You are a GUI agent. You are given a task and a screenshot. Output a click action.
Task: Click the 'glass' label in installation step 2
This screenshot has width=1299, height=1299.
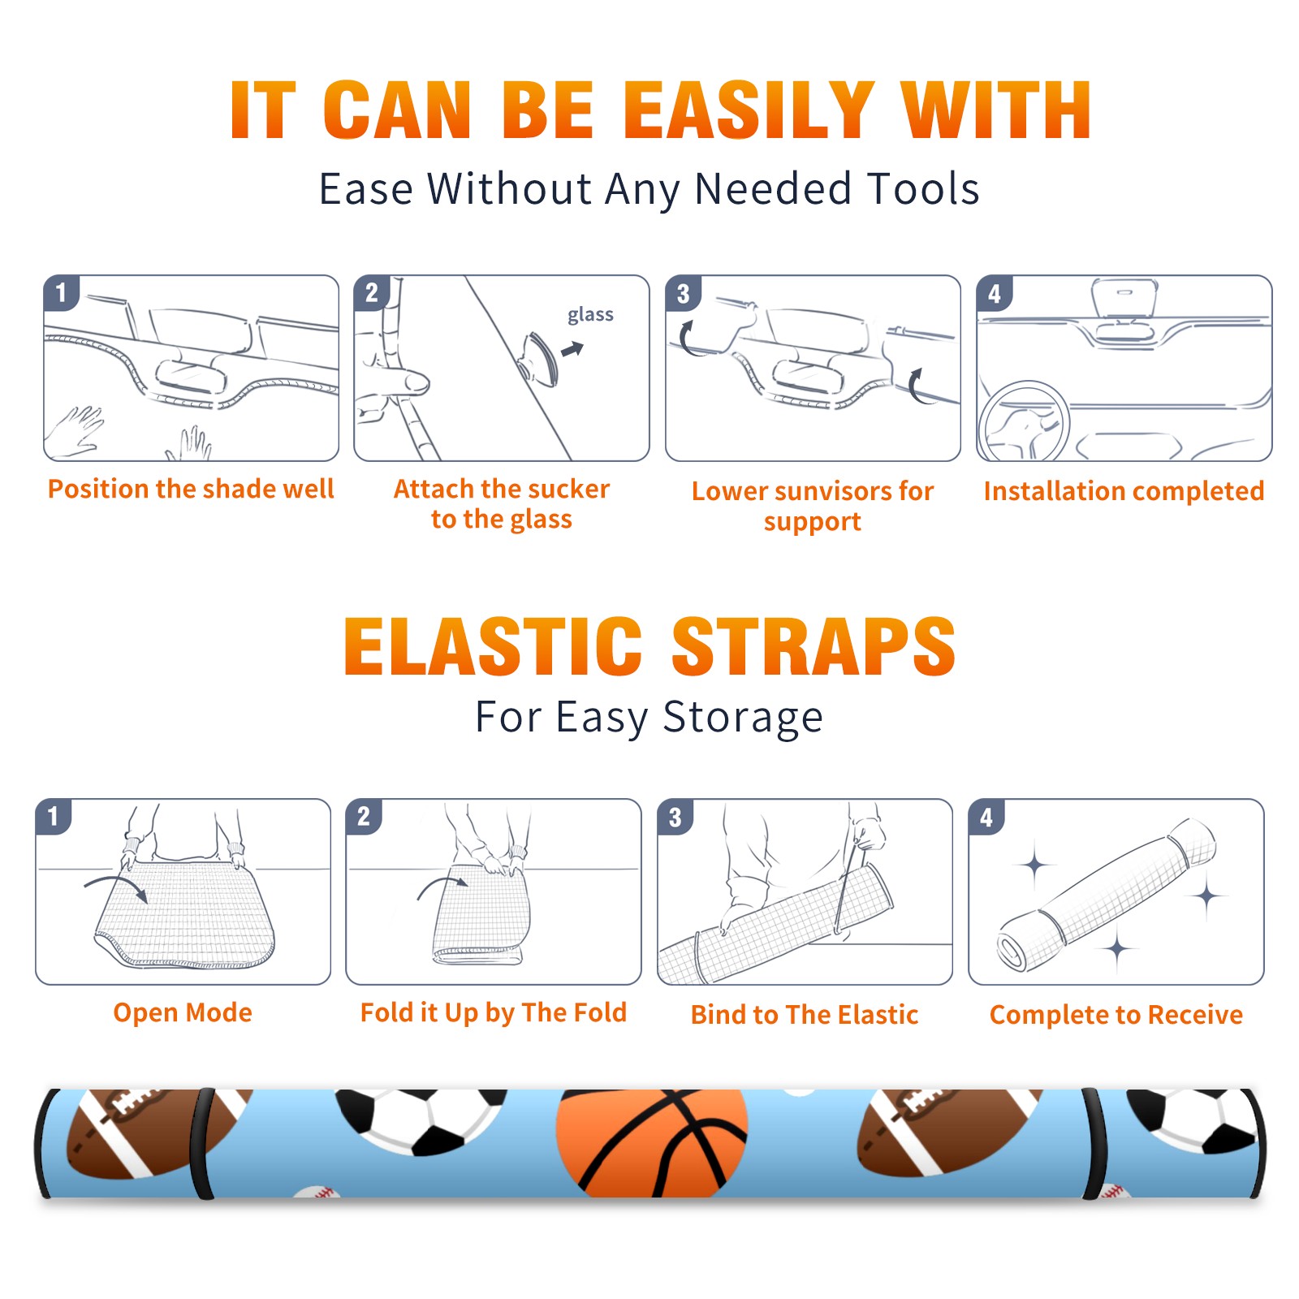590,315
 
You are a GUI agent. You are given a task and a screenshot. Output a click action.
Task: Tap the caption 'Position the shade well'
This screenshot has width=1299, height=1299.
191,489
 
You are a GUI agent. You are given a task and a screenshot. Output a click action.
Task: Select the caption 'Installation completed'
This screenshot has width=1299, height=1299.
1124,491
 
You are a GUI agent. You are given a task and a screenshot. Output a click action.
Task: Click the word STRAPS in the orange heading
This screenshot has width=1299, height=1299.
813,646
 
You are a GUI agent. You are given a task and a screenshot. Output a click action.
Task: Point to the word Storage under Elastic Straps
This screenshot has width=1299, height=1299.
743,718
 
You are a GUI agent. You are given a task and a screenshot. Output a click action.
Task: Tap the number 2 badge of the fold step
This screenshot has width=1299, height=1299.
364,817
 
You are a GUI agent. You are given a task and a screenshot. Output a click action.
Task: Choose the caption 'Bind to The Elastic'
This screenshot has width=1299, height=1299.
804,1014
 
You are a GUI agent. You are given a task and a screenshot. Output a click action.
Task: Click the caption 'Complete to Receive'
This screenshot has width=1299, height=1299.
1116,1015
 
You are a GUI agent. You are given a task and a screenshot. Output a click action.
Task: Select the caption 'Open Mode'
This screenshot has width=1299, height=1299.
183,1013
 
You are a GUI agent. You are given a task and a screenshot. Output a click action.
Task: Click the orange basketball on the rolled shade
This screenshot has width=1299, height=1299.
651,1143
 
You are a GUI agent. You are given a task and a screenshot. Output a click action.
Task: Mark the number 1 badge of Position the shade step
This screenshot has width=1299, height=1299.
61,292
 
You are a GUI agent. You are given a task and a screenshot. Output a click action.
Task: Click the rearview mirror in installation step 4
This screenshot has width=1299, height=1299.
1124,298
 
